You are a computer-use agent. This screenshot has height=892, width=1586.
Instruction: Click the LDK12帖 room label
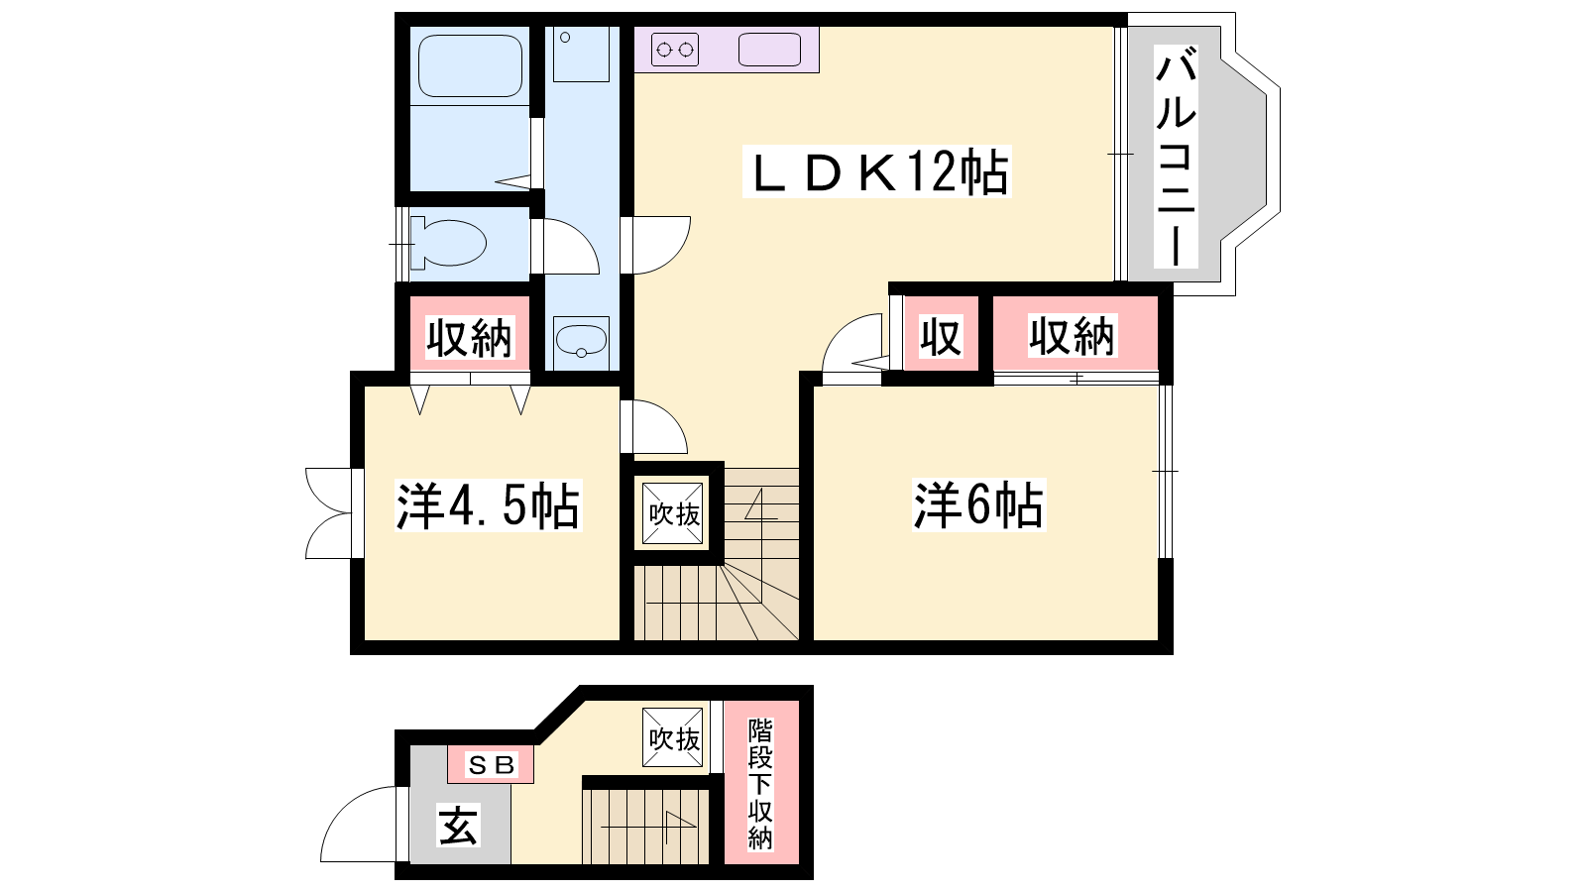click(876, 172)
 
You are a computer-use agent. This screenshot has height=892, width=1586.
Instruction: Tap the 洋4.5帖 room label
click(488, 505)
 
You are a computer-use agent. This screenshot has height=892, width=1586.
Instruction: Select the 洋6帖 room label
click(978, 505)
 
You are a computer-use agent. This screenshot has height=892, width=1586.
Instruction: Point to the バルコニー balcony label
click(1176, 157)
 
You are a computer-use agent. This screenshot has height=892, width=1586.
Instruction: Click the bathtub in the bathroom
click(470, 65)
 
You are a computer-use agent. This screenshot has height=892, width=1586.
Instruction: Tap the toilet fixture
click(448, 244)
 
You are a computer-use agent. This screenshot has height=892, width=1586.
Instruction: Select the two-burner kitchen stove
click(675, 50)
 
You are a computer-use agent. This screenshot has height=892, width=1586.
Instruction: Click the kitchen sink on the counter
click(769, 50)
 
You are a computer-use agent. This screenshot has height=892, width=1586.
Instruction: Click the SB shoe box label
click(491, 764)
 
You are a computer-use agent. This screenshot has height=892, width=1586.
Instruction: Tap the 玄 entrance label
click(458, 825)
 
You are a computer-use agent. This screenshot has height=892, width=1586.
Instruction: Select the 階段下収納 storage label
click(760, 784)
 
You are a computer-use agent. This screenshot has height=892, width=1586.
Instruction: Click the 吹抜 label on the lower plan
click(674, 739)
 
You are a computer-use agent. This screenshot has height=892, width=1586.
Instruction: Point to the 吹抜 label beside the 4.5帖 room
click(674, 514)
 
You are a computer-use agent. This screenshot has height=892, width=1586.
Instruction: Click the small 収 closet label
click(941, 337)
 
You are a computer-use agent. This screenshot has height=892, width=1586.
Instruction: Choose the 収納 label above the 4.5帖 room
click(469, 338)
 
